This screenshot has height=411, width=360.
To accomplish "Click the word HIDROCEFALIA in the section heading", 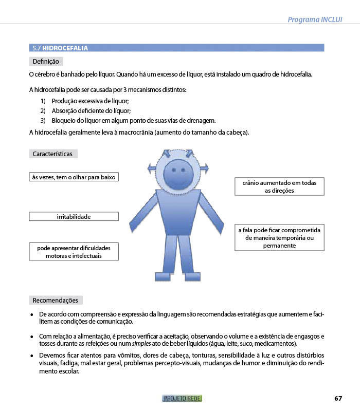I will click(x=65, y=48).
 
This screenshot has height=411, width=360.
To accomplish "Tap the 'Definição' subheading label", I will click(x=46, y=62).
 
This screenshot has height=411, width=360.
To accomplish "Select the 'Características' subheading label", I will click(x=53, y=154).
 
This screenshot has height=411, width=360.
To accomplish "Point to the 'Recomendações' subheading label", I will click(x=56, y=300).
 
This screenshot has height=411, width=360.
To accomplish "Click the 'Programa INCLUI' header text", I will click(x=315, y=20).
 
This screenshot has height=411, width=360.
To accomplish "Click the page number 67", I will click(x=338, y=398).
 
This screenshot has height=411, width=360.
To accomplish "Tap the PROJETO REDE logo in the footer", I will click(x=182, y=398).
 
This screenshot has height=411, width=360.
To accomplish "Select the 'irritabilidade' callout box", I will click(x=74, y=217).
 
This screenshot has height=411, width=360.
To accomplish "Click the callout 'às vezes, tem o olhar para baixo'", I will click(x=74, y=177).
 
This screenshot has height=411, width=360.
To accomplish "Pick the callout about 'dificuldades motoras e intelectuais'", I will click(x=74, y=252).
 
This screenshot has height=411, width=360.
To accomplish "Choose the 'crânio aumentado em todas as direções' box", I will click(x=279, y=186).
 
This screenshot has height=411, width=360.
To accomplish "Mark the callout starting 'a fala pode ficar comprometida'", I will click(x=279, y=238).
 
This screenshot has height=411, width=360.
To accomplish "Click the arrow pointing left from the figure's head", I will click(x=152, y=169).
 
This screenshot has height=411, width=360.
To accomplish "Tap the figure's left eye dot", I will click(x=172, y=168).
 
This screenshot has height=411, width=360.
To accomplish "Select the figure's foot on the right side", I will click(x=191, y=277).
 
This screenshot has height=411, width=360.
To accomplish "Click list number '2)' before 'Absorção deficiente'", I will click(x=43, y=111).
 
